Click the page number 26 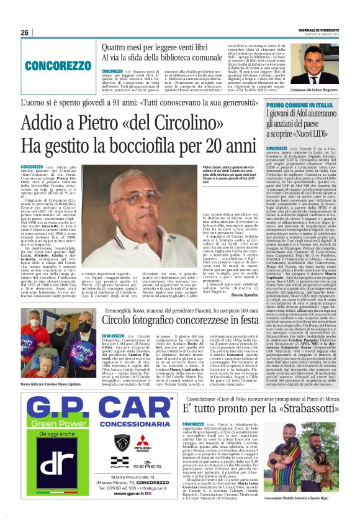pos(25,32)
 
